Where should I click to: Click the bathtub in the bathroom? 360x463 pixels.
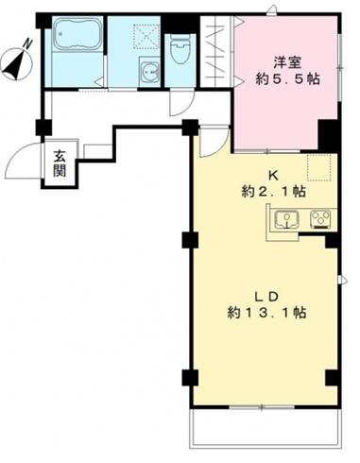click(x=78, y=34)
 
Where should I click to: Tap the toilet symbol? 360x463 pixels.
click(x=180, y=48)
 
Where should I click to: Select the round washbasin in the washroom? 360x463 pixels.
click(x=150, y=72)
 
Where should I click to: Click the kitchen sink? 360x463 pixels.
click(x=287, y=219)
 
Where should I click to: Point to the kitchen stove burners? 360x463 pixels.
click(x=321, y=219)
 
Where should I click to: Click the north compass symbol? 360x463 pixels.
click(x=17, y=60)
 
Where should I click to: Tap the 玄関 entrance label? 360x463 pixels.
click(x=60, y=163)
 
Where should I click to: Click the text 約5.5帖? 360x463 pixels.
click(x=287, y=78)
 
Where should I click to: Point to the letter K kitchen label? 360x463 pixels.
click(x=272, y=176)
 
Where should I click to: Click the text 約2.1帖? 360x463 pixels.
click(x=273, y=191)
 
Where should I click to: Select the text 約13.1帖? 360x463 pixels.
click(x=266, y=313)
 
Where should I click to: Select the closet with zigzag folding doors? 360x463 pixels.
click(x=215, y=51)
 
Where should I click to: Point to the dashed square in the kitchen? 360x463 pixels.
click(x=319, y=167)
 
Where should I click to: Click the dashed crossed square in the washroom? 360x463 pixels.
click(x=147, y=37)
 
